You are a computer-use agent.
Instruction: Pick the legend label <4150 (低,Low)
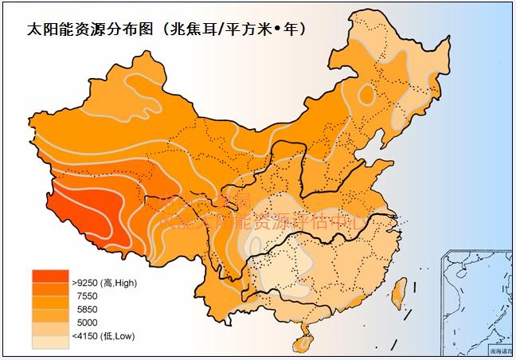(102, 336)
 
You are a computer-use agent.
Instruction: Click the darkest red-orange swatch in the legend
(49, 278)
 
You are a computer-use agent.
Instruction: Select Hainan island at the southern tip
(303, 341)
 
